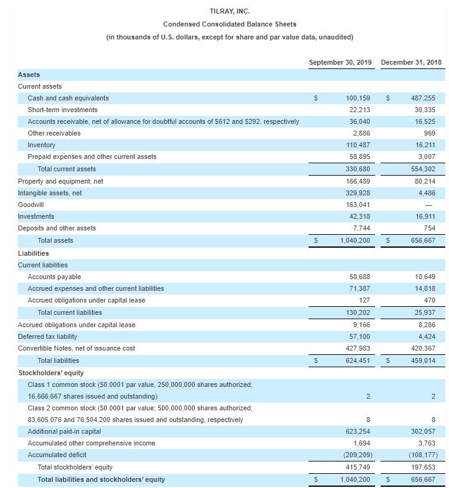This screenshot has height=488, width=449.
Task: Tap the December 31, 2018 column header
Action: tap(411, 62)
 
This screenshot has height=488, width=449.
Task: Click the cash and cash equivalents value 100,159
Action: tap(357, 98)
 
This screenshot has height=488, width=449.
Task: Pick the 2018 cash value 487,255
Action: tap(423, 98)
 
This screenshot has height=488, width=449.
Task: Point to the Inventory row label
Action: tap(41, 145)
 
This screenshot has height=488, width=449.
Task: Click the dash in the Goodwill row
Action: tap(431, 205)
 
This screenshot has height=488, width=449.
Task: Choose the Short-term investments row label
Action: tap(54, 110)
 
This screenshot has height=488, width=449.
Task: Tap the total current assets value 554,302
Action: tap(423, 169)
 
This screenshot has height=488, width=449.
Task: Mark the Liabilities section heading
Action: tap(33, 253)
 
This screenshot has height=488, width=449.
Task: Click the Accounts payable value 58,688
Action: tap(359, 277)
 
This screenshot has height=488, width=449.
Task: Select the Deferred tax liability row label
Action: tap(47, 336)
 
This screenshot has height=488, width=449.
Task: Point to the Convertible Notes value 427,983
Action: tap(357, 348)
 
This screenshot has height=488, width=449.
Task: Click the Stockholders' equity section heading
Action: tap(51, 372)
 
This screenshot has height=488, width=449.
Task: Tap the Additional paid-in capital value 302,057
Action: tap(423, 432)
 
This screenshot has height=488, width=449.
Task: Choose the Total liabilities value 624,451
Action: tap(357, 360)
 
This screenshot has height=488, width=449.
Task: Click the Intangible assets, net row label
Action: tap(50, 193)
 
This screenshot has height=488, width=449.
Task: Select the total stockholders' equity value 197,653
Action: tap(423, 468)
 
